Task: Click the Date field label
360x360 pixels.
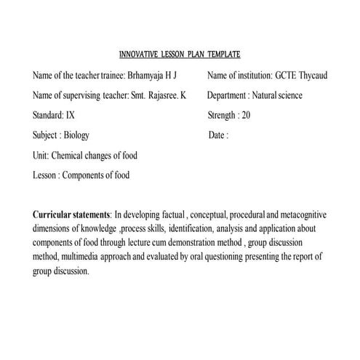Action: coord(217,135)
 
